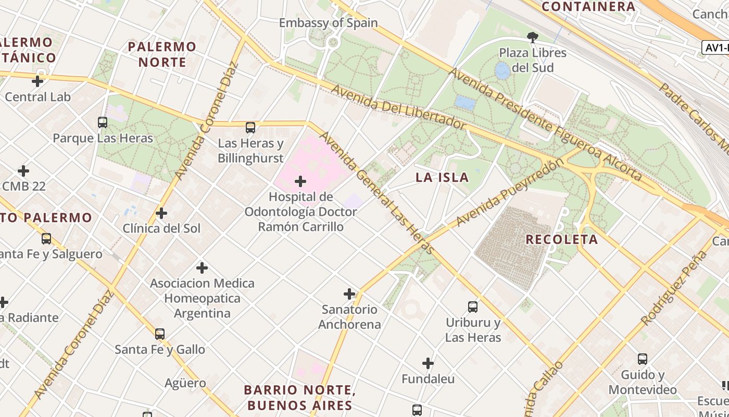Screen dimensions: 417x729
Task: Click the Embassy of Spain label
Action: [x=328, y=23]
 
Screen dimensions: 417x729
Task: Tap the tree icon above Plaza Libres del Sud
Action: [x=532, y=38]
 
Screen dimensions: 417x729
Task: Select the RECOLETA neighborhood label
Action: [x=561, y=240]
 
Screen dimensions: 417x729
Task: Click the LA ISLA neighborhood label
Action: [x=442, y=178]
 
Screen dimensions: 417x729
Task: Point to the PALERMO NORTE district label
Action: [x=162, y=54]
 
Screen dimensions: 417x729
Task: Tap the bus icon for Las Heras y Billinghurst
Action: [x=250, y=128]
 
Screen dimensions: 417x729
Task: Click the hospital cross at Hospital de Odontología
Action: [x=300, y=181]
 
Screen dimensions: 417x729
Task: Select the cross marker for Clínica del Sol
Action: [x=161, y=213]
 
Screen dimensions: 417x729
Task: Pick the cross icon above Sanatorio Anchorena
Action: [x=349, y=294]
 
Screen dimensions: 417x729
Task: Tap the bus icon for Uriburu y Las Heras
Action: [x=473, y=307]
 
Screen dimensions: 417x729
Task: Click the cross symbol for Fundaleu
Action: [x=428, y=363]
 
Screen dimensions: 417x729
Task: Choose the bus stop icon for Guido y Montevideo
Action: [x=643, y=359]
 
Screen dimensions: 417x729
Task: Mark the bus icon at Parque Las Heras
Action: [x=103, y=122]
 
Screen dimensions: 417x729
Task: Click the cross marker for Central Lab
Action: [x=37, y=81]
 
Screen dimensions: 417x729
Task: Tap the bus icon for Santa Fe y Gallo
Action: [x=160, y=334]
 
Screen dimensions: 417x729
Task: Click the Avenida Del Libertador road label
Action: [x=398, y=107]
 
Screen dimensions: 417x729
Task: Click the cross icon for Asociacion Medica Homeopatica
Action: [x=202, y=268]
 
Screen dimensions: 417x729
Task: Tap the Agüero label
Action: [x=185, y=383]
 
